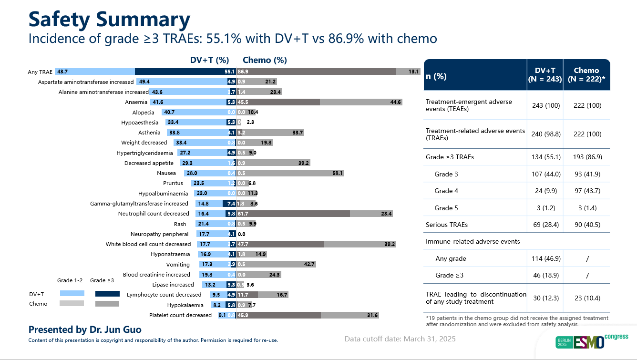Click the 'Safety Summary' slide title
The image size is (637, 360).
pos(109,20)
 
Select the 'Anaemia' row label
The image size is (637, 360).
pos(136,102)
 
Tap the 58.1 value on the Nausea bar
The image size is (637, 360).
pos(338,173)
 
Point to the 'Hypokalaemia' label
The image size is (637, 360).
pos(185,305)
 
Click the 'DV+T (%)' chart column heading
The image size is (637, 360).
pos(209,60)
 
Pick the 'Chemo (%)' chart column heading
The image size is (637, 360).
pos(265,60)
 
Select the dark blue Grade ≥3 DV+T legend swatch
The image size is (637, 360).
pos(107,294)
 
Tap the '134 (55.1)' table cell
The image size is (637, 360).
pos(545,157)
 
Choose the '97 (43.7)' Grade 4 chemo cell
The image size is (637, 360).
pos(586,191)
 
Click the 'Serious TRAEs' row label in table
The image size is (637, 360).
pos(446,225)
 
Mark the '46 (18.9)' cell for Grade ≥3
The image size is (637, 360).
pos(545,275)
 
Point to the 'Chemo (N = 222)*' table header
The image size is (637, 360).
pos(586,75)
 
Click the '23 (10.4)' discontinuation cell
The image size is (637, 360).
pos(586,298)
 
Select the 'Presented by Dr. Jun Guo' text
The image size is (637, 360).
pos(85,329)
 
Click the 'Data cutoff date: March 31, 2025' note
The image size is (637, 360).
pos(400,339)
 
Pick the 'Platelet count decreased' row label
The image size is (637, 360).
pos(180,315)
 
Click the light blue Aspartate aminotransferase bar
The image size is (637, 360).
pos(181,82)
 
